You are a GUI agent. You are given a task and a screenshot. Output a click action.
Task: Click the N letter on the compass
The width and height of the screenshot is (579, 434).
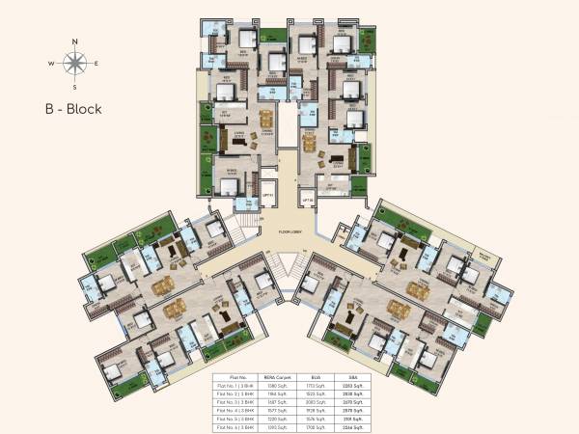pos(74,41)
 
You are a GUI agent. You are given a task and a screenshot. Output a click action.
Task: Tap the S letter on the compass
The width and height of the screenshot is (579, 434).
pos(74,87)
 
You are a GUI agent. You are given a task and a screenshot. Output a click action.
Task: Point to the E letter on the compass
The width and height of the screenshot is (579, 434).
pos(96,64)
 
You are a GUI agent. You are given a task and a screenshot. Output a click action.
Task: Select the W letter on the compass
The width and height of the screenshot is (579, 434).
pos(51,64)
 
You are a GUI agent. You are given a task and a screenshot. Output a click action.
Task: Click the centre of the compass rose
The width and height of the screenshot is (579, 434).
pos(74,64)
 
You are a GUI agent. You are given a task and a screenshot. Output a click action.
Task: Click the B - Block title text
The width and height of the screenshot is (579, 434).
pos(72,109)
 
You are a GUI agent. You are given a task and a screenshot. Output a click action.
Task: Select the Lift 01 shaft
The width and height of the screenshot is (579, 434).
pos(269,201)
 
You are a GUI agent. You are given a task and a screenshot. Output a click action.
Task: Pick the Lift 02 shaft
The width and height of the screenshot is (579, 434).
pos(308,201)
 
